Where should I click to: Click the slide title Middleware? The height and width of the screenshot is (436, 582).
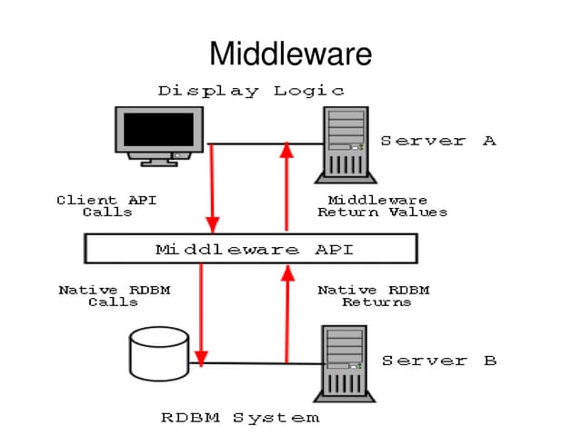click(290, 54)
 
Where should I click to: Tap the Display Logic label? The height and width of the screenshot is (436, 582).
click(251, 91)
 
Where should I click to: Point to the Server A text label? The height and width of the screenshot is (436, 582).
click(437, 141)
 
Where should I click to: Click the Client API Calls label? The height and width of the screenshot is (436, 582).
click(106, 206)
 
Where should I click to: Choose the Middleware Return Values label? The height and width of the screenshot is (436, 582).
click(382, 206)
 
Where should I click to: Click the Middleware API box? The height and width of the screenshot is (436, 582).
click(250, 249)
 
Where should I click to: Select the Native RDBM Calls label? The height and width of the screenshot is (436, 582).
click(114, 296)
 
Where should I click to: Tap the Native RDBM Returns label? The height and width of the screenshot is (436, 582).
click(374, 296)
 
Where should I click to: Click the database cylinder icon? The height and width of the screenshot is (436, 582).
click(159, 354)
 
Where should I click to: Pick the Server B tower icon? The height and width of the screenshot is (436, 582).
click(346, 363)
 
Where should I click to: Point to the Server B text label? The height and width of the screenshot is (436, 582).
click(438, 361)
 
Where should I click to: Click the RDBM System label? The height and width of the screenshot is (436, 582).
click(240, 418)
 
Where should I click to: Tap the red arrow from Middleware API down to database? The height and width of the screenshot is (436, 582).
click(201, 313)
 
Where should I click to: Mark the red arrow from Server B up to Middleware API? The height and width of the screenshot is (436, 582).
click(286, 313)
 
